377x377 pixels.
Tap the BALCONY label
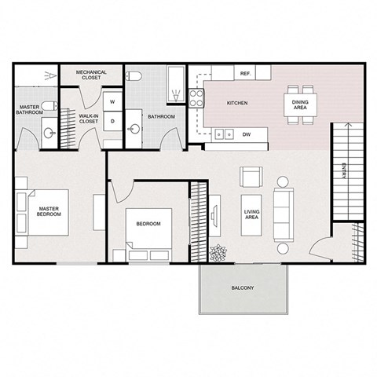(243, 288)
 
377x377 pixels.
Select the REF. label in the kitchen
(245, 73)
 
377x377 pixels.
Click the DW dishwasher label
(246, 134)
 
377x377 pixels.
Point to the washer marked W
(112, 103)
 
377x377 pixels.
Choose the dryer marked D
(112, 122)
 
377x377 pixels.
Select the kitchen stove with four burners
(195, 99)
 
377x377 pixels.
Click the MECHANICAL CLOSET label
(91, 75)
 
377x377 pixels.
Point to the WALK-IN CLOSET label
(88, 119)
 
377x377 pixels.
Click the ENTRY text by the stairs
(344, 171)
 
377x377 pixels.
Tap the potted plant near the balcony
(218, 253)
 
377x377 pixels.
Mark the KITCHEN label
(237, 104)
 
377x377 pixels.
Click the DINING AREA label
(300, 108)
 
